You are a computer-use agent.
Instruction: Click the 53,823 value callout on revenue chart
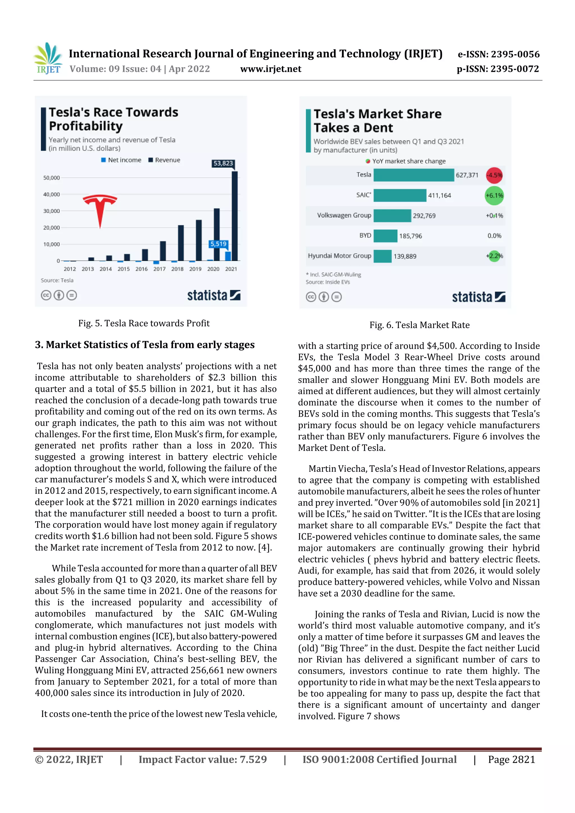(x=223, y=163)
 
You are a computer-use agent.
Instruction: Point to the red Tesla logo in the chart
(x=100, y=209)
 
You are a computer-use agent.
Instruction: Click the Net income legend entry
(x=121, y=160)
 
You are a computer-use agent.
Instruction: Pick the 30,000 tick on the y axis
(x=51, y=211)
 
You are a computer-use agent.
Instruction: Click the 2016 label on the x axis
(x=141, y=269)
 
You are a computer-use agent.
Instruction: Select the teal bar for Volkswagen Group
(x=392, y=216)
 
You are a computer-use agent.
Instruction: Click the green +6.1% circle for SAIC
(x=494, y=195)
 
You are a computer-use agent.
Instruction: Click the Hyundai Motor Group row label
(x=339, y=256)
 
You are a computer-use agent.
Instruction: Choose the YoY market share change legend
(x=406, y=161)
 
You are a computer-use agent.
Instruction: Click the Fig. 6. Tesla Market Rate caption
(x=419, y=325)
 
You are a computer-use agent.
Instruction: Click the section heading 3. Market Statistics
(x=145, y=345)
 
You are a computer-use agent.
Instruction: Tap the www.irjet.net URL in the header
(x=271, y=69)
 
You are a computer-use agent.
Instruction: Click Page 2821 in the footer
(x=511, y=759)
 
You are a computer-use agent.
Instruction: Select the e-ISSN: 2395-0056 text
(x=498, y=54)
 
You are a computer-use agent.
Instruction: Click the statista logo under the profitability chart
(x=214, y=295)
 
